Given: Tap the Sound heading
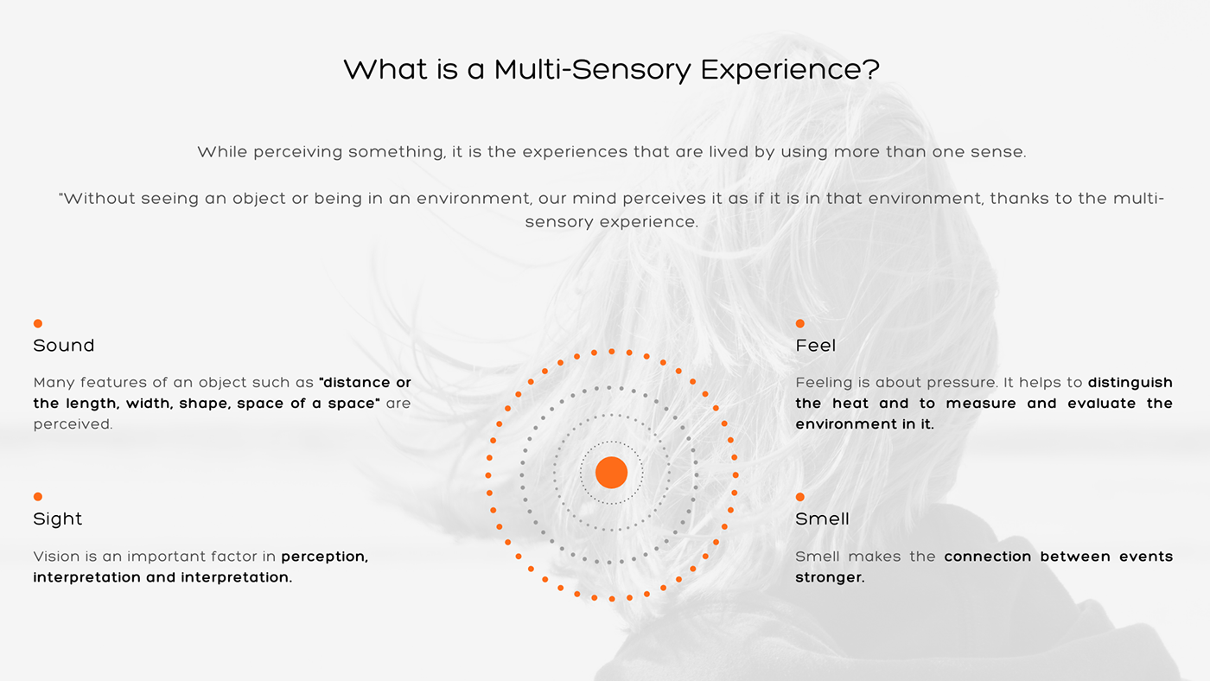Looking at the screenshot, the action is pos(64,346).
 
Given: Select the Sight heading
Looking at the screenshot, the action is pos(58,519).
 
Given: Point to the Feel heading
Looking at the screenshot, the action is pos(816,346).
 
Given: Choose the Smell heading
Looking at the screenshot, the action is pos(822,519).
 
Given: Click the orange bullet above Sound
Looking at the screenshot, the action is pos(38,323).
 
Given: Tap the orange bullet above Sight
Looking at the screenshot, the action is pos(38,496).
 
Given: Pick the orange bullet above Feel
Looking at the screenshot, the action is pos(800,323).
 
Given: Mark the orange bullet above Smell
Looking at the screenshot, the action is pos(800,497).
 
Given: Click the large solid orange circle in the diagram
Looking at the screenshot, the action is pos(612,473).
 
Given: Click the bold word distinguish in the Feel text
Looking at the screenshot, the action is pos(1130,383).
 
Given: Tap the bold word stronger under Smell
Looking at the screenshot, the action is pos(830,577).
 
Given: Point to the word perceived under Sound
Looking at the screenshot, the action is pos(73,424).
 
